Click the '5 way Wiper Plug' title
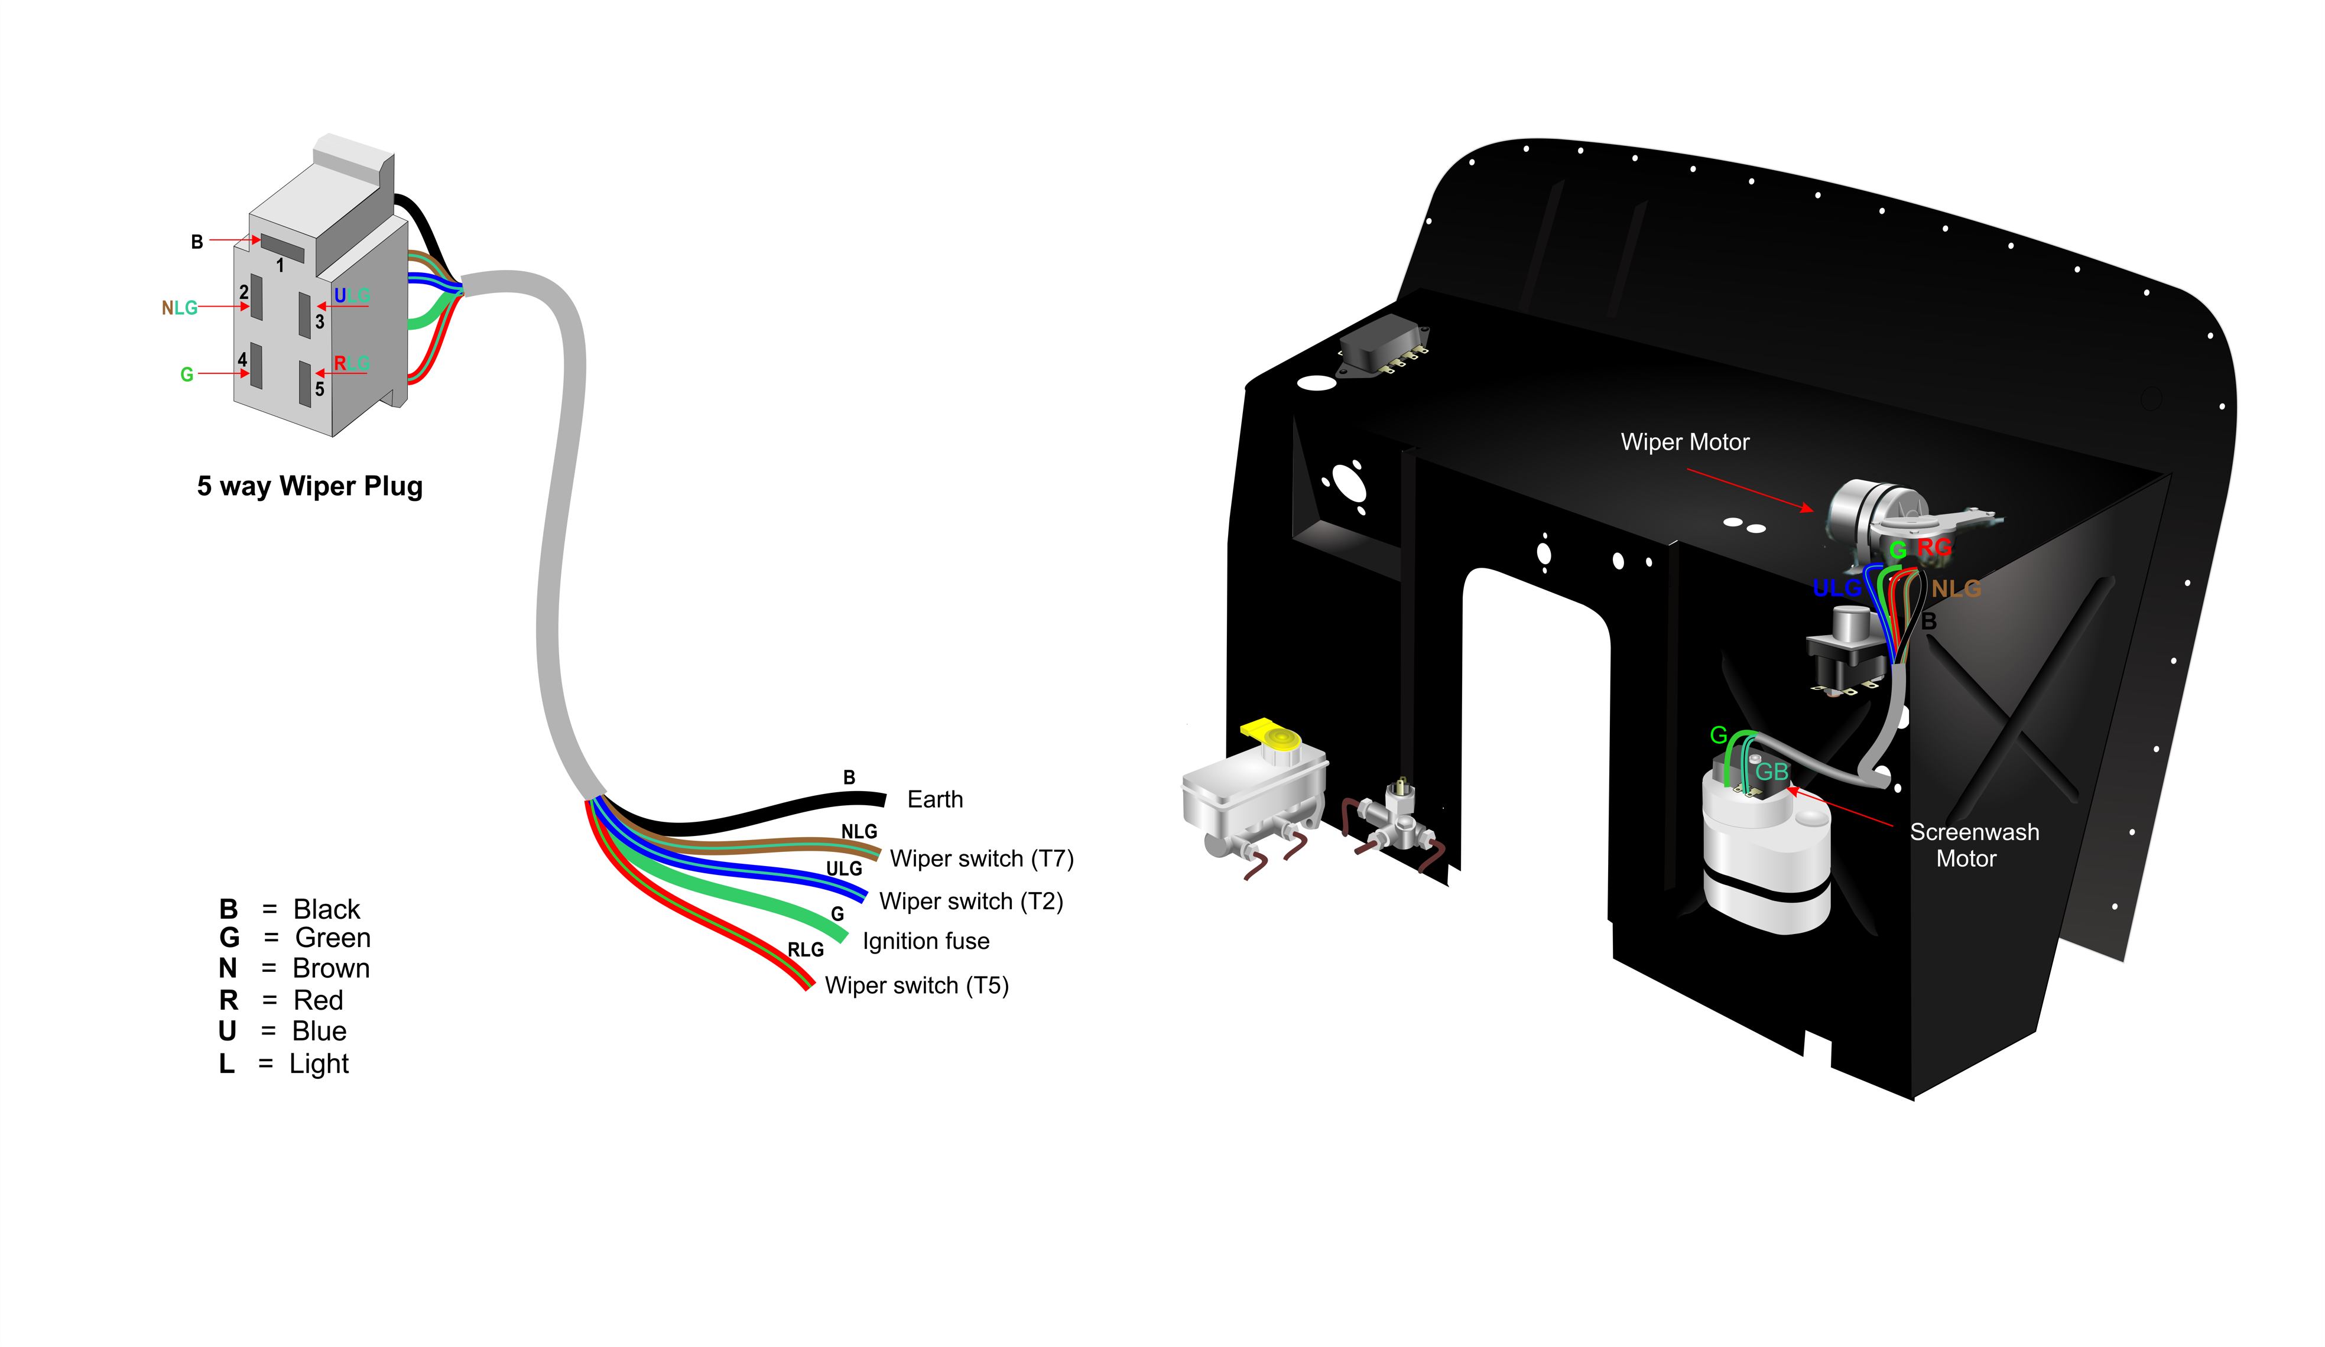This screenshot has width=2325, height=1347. point(310,486)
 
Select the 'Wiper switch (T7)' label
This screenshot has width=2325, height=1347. point(982,859)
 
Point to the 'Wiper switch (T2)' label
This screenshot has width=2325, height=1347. point(972,902)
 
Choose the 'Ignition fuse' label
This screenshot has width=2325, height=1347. point(926,941)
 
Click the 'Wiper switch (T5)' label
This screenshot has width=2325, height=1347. point(917,985)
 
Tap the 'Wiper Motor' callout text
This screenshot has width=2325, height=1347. point(1685,442)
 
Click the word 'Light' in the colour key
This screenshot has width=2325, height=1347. point(319,1065)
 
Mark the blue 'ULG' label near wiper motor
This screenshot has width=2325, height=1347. point(1836,588)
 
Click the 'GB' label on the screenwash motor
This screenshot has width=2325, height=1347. point(1771,772)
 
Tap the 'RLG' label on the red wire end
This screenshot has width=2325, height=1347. point(806,950)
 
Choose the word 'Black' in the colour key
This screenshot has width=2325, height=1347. point(327,910)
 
